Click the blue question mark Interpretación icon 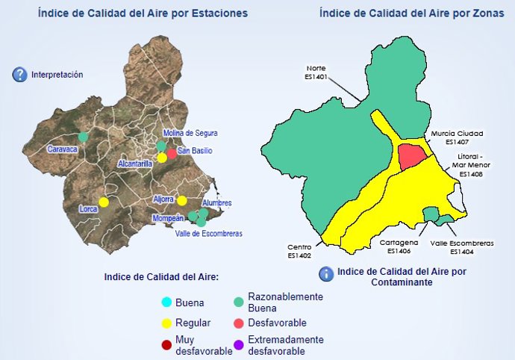coord(19,75)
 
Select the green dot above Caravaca coord(83,137)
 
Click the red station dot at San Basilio coord(172,153)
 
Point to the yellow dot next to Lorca coord(104,202)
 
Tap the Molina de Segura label coord(190,133)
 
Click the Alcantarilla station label coord(135,163)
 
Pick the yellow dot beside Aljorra coord(181,200)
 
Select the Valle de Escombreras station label coord(208,234)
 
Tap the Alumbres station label coord(216,203)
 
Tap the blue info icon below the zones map coord(325,274)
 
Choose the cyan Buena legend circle coord(166,302)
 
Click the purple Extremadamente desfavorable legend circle coord(238,344)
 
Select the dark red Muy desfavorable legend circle coord(166,344)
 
